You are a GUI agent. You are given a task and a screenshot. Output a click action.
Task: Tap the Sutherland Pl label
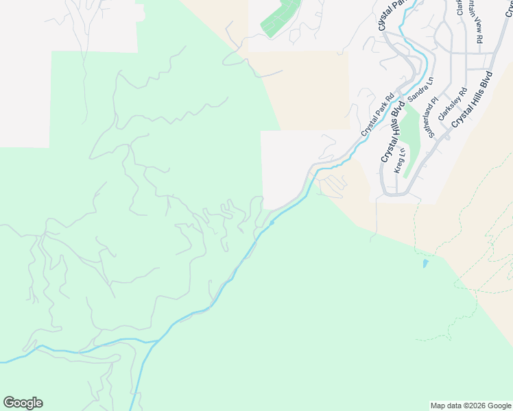pos(432,118)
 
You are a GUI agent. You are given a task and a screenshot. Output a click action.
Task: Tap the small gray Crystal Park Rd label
pos(379,114)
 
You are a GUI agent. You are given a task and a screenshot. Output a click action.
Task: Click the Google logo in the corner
pos(23,403)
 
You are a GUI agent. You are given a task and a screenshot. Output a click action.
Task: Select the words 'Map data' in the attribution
pos(445,406)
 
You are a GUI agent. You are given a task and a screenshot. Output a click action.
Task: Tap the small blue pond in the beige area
pos(426,263)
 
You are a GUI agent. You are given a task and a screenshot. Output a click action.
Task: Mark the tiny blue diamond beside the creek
pos(272,222)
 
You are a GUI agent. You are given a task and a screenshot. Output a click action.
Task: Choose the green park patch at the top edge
pos(281,18)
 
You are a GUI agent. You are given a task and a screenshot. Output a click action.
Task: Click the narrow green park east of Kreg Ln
pos(410,140)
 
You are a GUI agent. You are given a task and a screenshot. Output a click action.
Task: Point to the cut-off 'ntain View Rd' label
pos(475,21)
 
